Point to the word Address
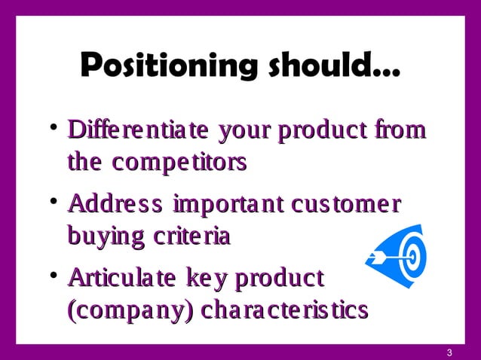(x=115, y=204)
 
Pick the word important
(x=237, y=204)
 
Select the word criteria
(x=193, y=236)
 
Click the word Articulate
(x=127, y=278)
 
